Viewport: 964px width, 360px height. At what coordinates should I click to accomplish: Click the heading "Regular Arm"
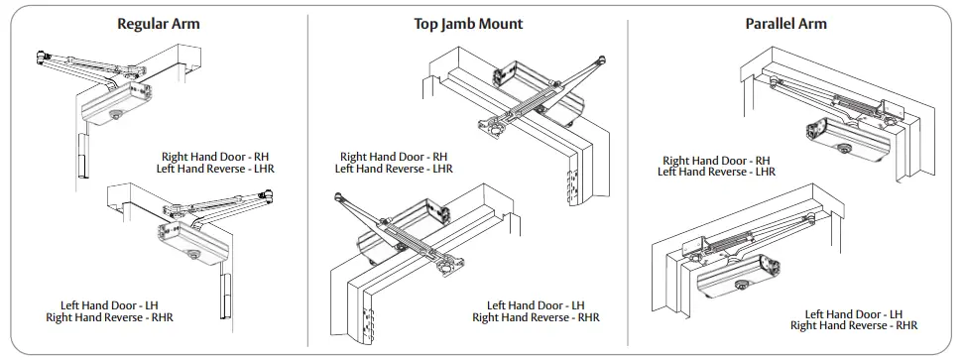[x=159, y=23]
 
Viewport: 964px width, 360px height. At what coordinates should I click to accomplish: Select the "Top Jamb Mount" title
[x=468, y=23]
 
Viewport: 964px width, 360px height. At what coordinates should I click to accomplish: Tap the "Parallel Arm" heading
[x=785, y=23]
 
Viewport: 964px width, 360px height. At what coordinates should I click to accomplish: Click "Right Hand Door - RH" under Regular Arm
[x=215, y=157]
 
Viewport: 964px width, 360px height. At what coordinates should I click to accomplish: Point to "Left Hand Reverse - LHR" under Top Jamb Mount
[x=394, y=169]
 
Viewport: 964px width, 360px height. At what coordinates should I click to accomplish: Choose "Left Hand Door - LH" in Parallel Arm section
[x=853, y=313]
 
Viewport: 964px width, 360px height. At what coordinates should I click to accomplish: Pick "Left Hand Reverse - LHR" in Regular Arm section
[x=215, y=169]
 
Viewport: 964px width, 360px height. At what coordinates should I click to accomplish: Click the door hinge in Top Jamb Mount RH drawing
[x=569, y=182]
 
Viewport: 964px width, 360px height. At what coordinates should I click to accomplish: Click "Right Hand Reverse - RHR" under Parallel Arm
[x=853, y=325]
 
